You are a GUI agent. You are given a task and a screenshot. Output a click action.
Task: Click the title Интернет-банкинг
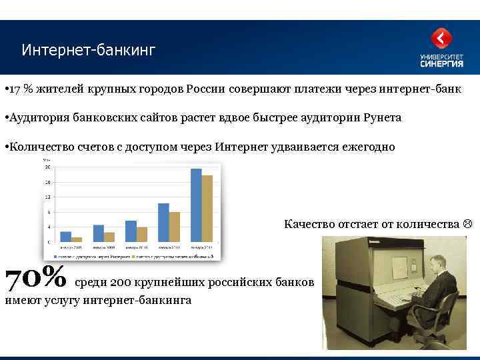87,51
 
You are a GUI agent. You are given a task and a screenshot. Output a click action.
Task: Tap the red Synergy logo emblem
441,39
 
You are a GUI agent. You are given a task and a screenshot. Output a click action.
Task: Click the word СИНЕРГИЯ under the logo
441,64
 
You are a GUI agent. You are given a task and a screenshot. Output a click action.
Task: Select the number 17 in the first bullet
15,89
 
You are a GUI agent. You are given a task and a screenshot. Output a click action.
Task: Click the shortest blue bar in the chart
65,236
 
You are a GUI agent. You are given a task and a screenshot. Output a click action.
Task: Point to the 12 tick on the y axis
47,197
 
